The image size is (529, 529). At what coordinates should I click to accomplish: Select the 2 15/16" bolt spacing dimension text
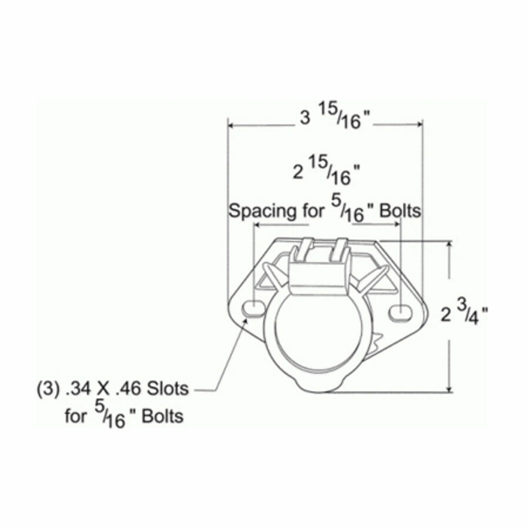tap(326, 171)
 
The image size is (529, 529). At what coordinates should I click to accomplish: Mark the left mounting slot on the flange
tap(253, 308)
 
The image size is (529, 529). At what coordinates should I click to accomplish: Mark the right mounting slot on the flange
tap(400, 312)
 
